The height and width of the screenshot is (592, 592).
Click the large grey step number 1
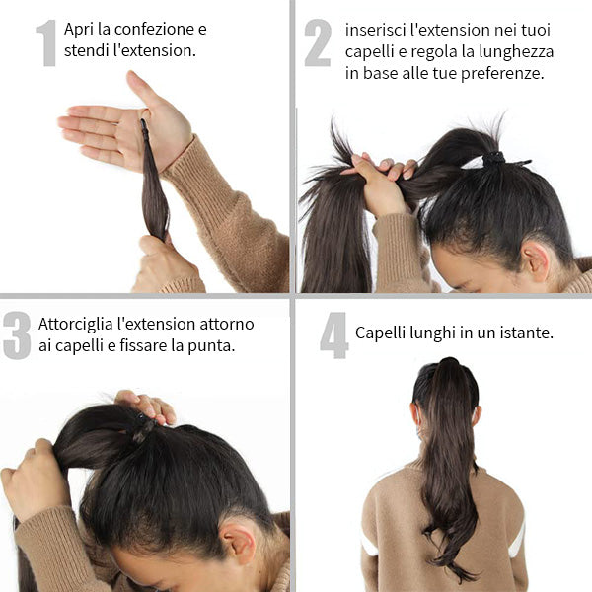tap(46, 43)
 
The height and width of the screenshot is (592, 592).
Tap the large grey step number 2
tap(318, 42)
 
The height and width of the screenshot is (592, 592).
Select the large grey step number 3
tap(17, 335)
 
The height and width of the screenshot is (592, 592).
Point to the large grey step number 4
tap(333, 335)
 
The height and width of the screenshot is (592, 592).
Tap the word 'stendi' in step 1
tap(87, 50)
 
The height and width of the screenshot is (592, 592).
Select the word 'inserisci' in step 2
tap(375, 30)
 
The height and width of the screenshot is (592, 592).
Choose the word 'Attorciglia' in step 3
tap(76, 325)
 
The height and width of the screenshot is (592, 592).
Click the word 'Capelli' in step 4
tap(380, 333)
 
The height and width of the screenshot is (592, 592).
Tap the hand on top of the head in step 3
tap(146, 406)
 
